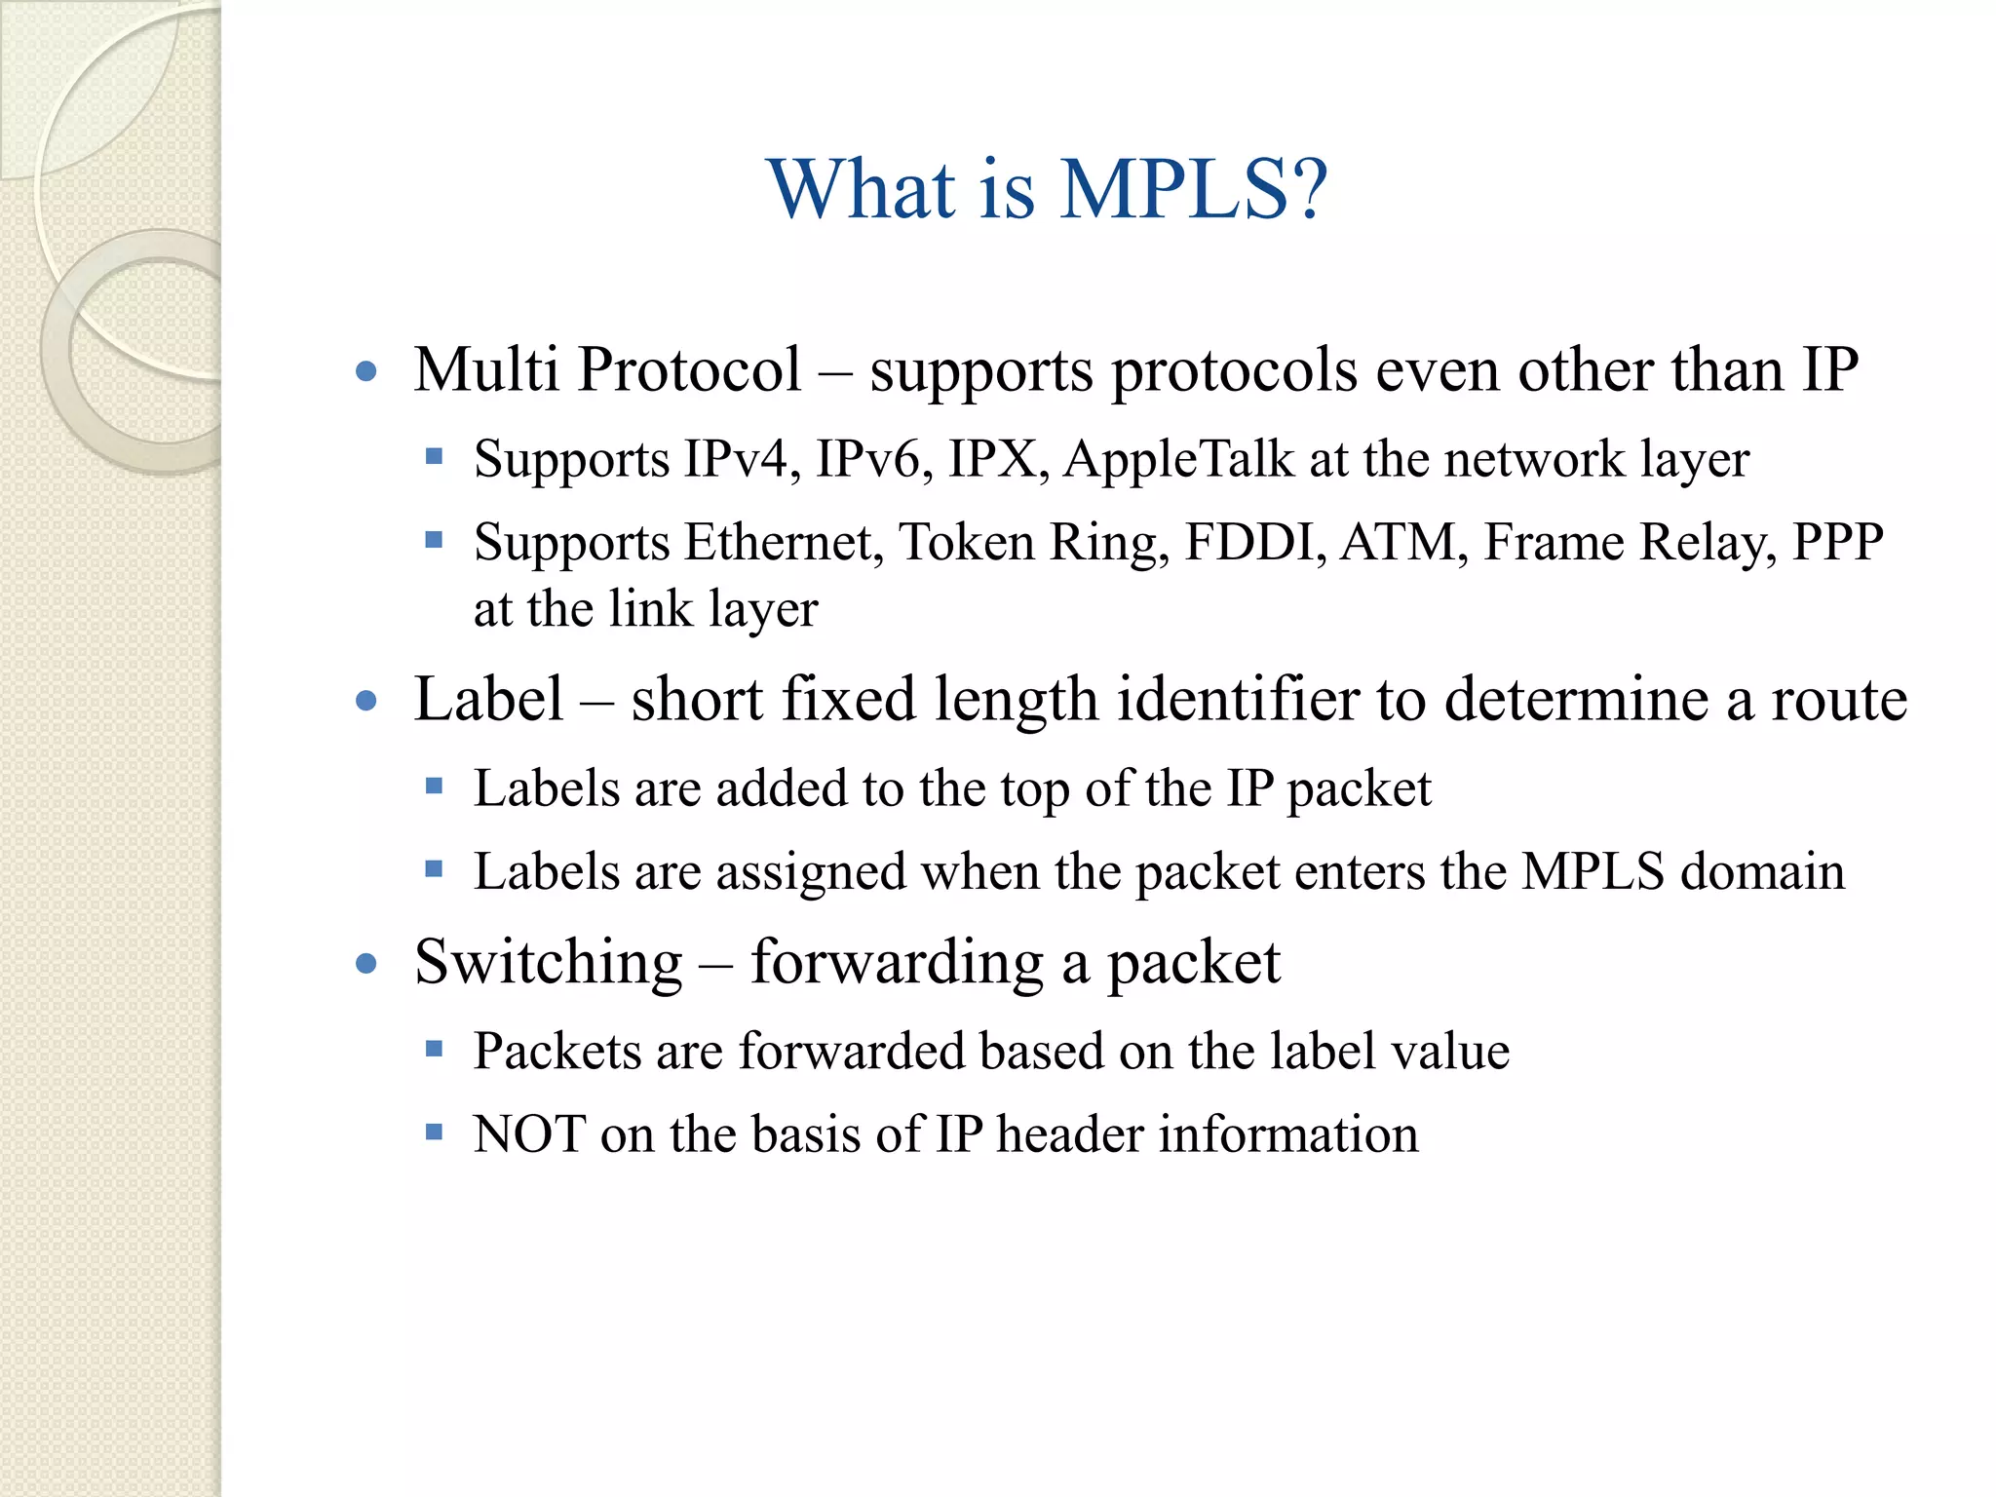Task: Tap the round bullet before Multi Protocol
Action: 366,371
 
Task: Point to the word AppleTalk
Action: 1178,460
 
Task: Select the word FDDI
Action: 1250,542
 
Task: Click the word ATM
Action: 1398,542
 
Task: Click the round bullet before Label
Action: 366,701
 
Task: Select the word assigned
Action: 811,872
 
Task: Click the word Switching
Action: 548,963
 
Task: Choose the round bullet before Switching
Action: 366,964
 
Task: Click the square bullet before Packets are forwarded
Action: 435,1050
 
